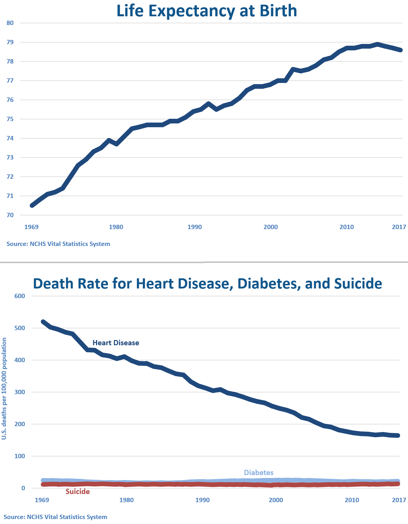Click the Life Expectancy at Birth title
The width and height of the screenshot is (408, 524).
pyautogui.click(x=207, y=11)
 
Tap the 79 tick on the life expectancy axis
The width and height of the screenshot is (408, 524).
pyautogui.click(x=10, y=42)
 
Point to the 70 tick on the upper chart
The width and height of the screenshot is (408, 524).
pyautogui.click(x=10, y=215)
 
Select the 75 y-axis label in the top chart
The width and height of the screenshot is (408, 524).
pyautogui.click(x=10, y=119)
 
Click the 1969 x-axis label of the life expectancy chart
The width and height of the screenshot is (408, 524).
pyautogui.click(x=32, y=227)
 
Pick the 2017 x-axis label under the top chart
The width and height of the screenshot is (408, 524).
pyautogui.click(x=399, y=227)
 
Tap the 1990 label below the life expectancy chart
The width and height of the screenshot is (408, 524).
pyautogui.click(x=195, y=227)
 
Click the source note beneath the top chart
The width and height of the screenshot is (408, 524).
pyautogui.click(x=58, y=244)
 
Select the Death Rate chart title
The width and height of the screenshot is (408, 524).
pyautogui.click(x=207, y=283)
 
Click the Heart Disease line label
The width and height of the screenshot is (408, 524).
pyautogui.click(x=116, y=343)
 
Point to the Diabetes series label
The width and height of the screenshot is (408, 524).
pyautogui.click(x=259, y=473)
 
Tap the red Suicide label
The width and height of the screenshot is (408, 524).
pyautogui.click(x=77, y=492)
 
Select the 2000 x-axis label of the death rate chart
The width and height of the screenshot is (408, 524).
pyautogui.click(x=276, y=500)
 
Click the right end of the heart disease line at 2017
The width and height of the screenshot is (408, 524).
pyautogui.click(x=398, y=436)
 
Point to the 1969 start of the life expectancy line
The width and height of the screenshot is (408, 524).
pyautogui.click(x=32, y=206)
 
